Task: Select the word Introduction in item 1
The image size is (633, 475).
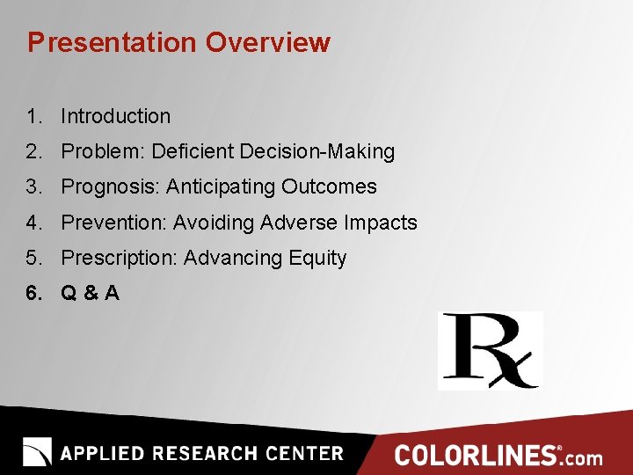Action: click(115, 116)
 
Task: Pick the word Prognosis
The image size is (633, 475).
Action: click(111, 186)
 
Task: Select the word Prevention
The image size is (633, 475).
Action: click(113, 223)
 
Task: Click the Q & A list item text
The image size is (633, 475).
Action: click(90, 294)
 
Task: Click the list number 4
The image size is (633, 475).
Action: click(34, 223)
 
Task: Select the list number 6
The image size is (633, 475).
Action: click(34, 294)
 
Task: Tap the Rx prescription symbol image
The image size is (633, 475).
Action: click(490, 350)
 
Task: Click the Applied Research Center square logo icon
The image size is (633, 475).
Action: click(37, 452)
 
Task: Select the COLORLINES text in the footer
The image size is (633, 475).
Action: click(476, 455)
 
